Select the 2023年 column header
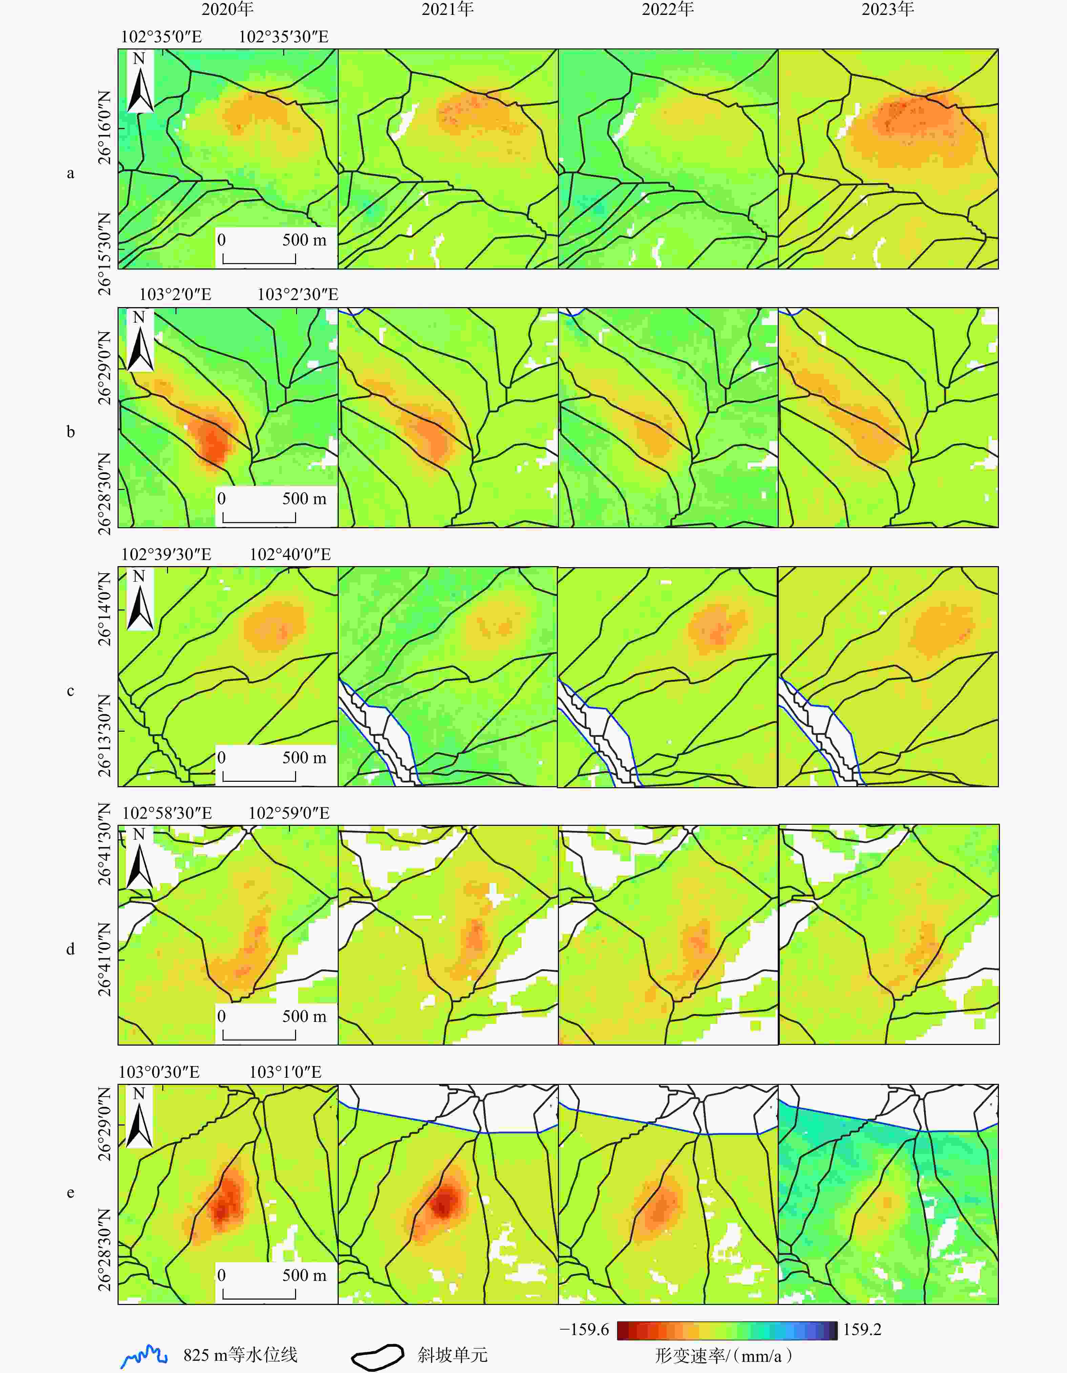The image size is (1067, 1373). pyautogui.click(x=887, y=9)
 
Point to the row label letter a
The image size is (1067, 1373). pyautogui.click(x=70, y=173)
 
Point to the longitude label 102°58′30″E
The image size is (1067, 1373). pyautogui.click(x=167, y=813)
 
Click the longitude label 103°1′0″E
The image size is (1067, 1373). pyautogui.click(x=286, y=1072)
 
